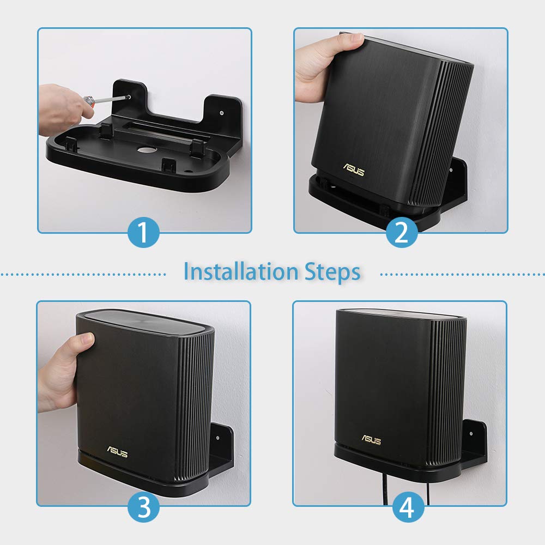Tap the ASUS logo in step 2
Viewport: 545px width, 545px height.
pos(353,170)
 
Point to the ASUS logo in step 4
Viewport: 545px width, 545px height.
pos(371,439)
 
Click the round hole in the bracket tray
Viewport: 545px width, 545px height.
pos(147,149)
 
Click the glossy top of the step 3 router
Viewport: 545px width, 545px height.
pos(144,322)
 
